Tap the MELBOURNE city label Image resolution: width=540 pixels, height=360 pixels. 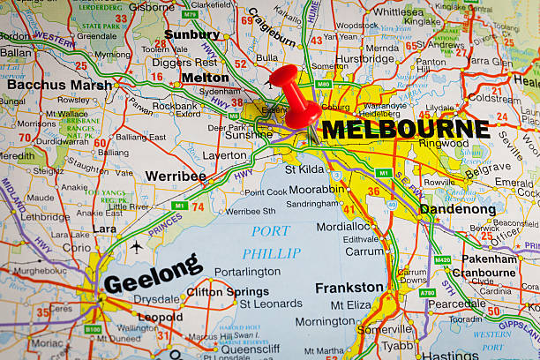[404, 129]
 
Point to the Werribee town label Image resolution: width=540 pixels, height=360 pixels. [175, 176]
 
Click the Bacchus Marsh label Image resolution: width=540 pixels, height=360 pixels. [59, 85]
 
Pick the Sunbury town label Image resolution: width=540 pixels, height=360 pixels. [191, 34]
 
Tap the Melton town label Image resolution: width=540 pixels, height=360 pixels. [205, 78]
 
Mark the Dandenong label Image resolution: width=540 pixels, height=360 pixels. [457, 209]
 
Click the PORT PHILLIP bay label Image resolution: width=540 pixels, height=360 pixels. [270, 242]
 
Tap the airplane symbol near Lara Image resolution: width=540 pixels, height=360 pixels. [136, 247]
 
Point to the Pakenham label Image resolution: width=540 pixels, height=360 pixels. [490, 259]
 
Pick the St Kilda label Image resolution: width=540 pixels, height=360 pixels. [304, 169]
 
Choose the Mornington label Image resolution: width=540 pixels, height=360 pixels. [325, 321]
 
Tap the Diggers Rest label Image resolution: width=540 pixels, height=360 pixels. [184, 62]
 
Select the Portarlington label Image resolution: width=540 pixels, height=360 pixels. [247, 272]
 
